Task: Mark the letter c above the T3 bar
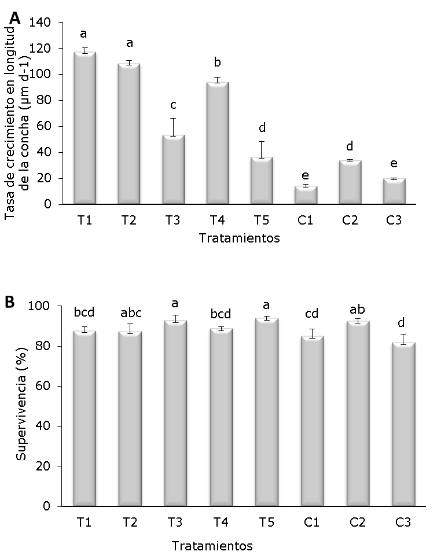tap(173, 105)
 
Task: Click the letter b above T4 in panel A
tap(218, 63)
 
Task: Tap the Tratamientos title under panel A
tap(239, 238)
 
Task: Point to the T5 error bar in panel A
tap(262, 149)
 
